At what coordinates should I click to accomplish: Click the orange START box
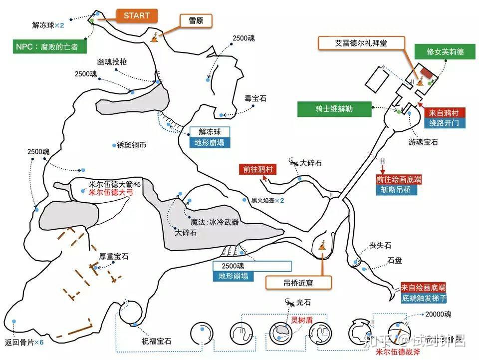pos(137,15)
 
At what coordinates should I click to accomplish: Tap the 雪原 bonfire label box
pos(195,20)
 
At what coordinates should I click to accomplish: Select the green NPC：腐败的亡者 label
pos(49,47)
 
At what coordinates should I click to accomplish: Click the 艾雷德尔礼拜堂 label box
pos(361,43)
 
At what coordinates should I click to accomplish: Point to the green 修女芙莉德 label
pos(445,51)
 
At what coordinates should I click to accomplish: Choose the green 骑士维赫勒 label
pos(334,109)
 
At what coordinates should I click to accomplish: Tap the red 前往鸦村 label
pos(256,169)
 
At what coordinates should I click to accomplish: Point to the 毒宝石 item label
pos(255,99)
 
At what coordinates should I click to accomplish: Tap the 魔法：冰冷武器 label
pos(215,222)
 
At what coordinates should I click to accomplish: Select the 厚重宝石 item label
pos(114,257)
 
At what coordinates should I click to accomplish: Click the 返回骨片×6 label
pos(24,342)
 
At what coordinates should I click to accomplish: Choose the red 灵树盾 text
pos(301,320)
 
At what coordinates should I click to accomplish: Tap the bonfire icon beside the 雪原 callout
pos(156,36)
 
